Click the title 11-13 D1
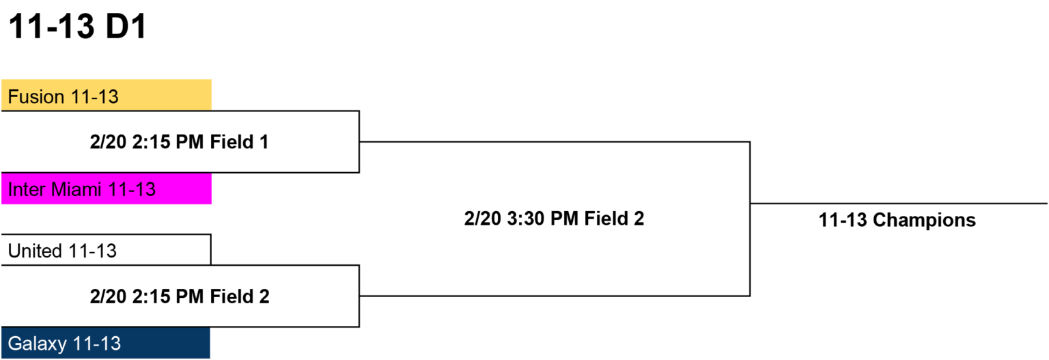[x=78, y=26]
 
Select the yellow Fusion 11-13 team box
[x=107, y=95]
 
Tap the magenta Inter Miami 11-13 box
[x=107, y=189]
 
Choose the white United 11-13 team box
[x=107, y=250]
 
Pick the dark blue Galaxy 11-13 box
[x=106, y=343]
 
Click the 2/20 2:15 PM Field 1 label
[x=180, y=142]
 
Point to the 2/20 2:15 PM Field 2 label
[x=180, y=296]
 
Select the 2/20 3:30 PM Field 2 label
[x=554, y=219]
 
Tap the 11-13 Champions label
[x=897, y=220]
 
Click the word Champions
[x=924, y=220]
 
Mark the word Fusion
[x=36, y=97]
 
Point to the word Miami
[x=76, y=190]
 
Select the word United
[x=35, y=251]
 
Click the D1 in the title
[x=126, y=26]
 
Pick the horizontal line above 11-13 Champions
[x=898, y=204]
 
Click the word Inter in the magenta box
[x=26, y=190]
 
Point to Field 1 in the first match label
[x=239, y=142]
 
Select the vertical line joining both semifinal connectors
[x=750, y=219]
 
